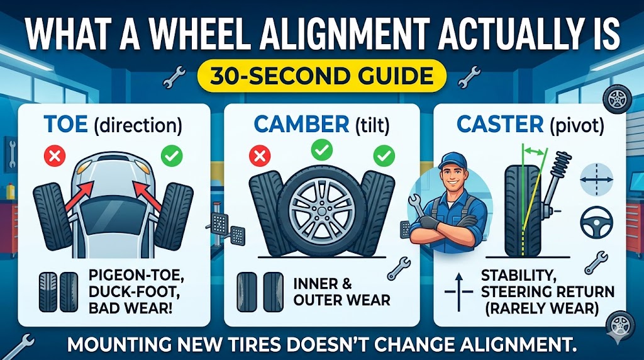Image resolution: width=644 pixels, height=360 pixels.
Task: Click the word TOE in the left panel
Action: (x=65, y=124)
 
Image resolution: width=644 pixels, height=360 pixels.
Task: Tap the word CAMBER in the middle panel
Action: (x=301, y=124)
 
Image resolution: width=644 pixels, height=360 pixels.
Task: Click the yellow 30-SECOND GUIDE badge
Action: (x=321, y=76)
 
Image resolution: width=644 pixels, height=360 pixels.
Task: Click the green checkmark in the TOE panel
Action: (x=172, y=155)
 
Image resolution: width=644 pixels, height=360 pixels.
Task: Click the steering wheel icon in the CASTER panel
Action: (x=596, y=222)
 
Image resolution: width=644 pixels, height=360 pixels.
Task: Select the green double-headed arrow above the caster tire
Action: (x=534, y=151)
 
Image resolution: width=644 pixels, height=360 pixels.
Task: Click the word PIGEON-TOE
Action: (x=136, y=274)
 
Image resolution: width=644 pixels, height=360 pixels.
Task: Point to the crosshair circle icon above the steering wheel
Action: (x=596, y=179)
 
